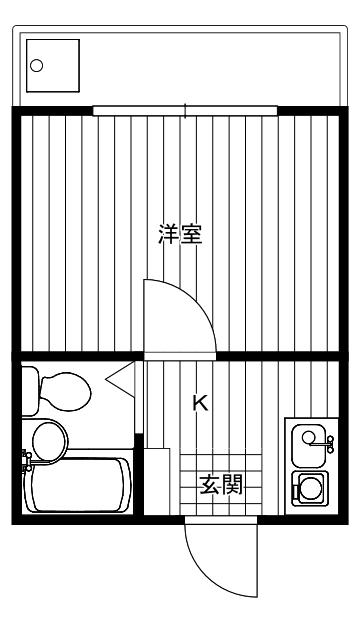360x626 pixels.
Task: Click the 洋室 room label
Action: pos(181,236)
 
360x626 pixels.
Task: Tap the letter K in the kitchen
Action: pos(200,403)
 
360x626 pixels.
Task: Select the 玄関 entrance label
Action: pos(221,486)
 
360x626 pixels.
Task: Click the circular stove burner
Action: pos(309,489)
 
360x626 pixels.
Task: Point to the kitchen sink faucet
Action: pos(325,439)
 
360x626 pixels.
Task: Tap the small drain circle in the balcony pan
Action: pos(38,67)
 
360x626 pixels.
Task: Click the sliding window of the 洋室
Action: pos(186,110)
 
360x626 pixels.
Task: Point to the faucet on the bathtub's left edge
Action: pos(28,461)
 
